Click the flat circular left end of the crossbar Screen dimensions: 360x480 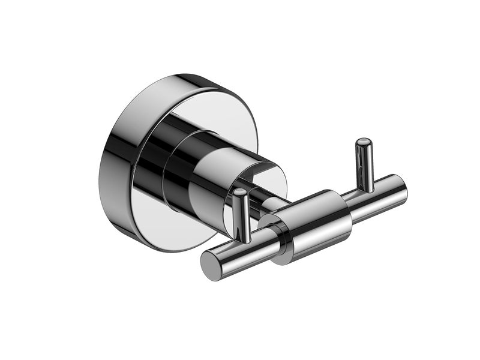pos(211,265)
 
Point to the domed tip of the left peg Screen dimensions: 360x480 pos(240,193)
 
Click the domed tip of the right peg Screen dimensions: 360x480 pos(363,143)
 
